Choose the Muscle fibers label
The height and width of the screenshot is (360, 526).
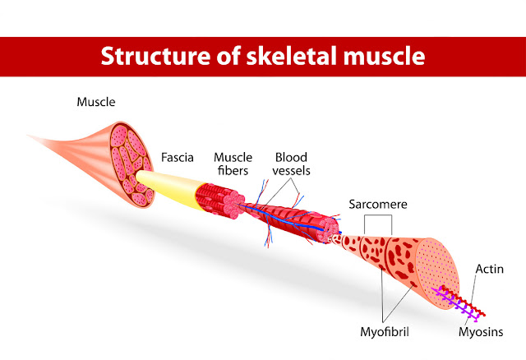(x=232, y=163)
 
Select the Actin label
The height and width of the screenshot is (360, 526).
(x=489, y=268)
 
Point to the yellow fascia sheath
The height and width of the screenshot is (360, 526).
(x=168, y=185)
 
